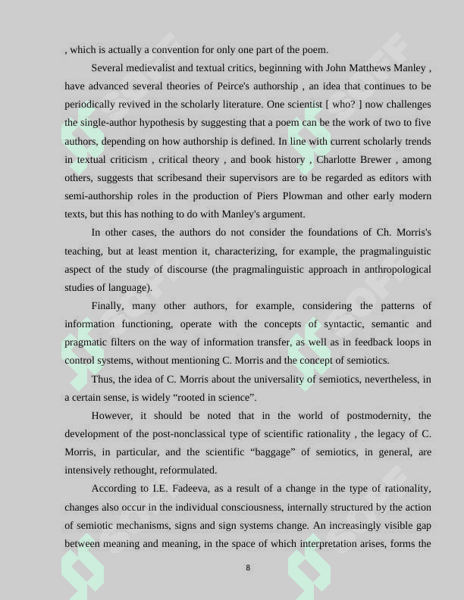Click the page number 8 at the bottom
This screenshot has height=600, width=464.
coord(248,567)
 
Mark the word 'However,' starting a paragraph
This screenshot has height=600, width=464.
coord(113,416)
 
